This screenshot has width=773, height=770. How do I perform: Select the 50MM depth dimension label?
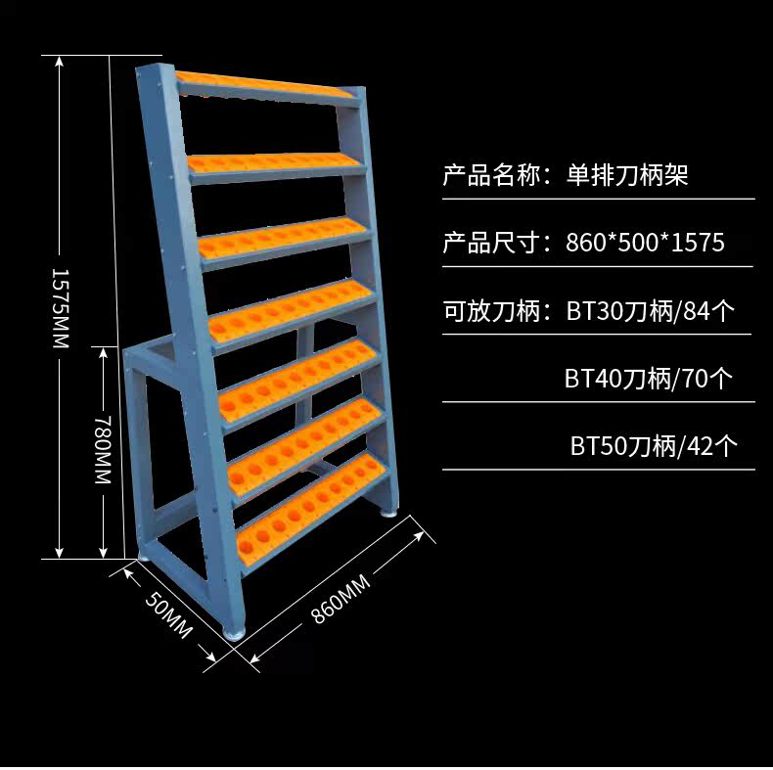(x=168, y=617)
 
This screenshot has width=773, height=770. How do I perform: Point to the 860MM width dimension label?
(x=341, y=600)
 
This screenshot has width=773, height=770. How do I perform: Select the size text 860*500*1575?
(x=645, y=243)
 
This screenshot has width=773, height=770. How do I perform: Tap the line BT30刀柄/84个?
(x=651, y=311)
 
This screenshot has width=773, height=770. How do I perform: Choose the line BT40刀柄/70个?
(x=648, y=378)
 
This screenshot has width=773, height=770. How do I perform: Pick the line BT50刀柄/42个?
(x=655, y=446)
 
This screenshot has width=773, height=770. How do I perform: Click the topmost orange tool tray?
(x=264, y=86)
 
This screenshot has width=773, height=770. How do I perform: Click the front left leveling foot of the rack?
(x=236, y=630)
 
